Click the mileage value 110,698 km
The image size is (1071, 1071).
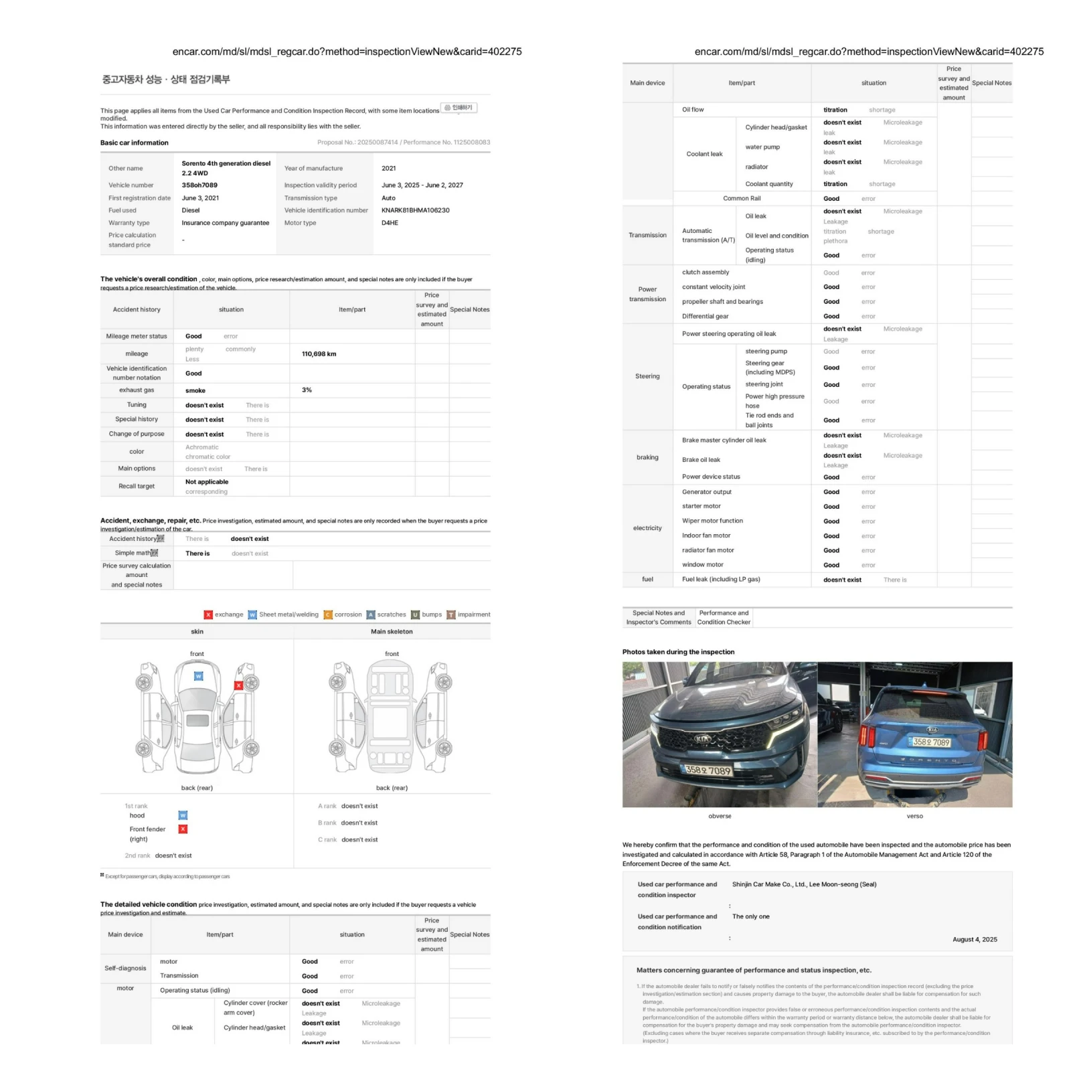click(x=319, y=354)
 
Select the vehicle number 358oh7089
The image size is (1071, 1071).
click(x=199, y=185)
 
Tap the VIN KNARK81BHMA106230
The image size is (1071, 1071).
click(x=415, y=210)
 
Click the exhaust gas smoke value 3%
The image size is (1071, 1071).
click(x=307, y=390)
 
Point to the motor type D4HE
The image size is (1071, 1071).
click(x=390, y=223)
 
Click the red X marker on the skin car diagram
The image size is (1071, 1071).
click(x=238, y=685)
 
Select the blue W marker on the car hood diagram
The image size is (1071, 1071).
click(x=198, y=676)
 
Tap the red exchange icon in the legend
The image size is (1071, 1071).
click(x=208, y=614)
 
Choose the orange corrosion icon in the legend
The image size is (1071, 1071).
click(x=328, y=614)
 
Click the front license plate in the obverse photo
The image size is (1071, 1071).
click(x=708, y=770)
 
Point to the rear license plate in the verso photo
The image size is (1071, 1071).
click(x=931, y=742)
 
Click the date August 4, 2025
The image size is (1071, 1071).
click(x=975, y=940)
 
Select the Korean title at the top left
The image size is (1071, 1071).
click(x=165, y=80)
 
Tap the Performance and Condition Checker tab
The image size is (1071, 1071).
click(x=724, y=617)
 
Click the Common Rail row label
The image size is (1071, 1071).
click(x=742, y=199)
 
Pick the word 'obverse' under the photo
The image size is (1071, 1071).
click(x=720, y=817)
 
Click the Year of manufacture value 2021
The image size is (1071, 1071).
click(x=388, y=169)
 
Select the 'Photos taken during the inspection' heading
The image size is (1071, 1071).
click(x=678, y=652)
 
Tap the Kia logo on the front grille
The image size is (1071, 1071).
click(x=702, y=739)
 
